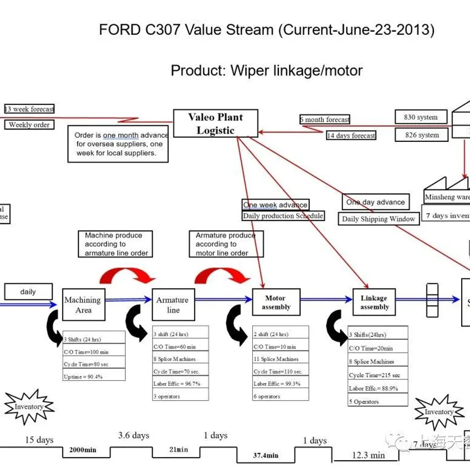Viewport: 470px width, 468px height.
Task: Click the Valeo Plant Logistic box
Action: click(216, 124)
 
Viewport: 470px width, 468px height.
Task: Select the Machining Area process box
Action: click(84, 305)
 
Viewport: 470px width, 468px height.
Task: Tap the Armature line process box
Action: click(173, 305)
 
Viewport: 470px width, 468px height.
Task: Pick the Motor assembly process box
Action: click(276, 303)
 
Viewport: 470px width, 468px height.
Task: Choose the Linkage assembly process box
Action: click(374, 303)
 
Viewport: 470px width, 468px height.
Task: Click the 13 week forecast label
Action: click(29, 109)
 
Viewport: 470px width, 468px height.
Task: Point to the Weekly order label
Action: click(29, 125)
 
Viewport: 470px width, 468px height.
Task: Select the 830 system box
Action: click(421, 117)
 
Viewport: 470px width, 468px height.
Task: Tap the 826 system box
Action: click(421, 135)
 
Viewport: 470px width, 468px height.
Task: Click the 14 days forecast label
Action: click(351, 136)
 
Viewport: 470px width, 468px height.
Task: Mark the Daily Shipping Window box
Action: click(379, 219)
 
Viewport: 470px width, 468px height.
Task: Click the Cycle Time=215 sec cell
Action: click(378, 375)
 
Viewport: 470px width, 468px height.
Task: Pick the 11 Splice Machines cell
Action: click(280, 359)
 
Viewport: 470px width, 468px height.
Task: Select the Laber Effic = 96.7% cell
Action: click(181, 383)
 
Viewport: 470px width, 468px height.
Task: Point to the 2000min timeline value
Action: click(84, 450)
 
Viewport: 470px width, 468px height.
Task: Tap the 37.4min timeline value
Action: click(266, 455)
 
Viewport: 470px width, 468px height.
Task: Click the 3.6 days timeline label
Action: click(134, 435)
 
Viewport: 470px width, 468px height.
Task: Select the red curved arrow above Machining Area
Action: click(128, 274)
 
